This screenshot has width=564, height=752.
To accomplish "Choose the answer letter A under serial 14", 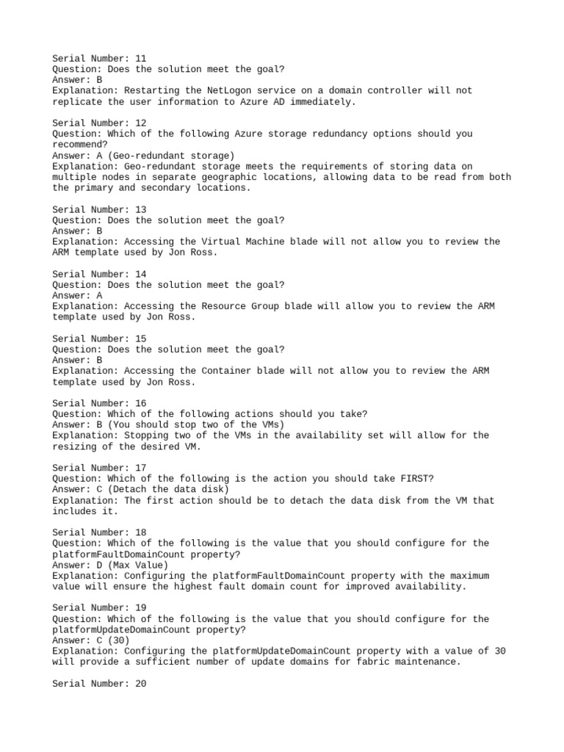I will pyautogui.click(x=99, y=295).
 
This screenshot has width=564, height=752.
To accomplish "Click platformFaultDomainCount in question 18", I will pyautogui.click(x=118, y=554).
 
